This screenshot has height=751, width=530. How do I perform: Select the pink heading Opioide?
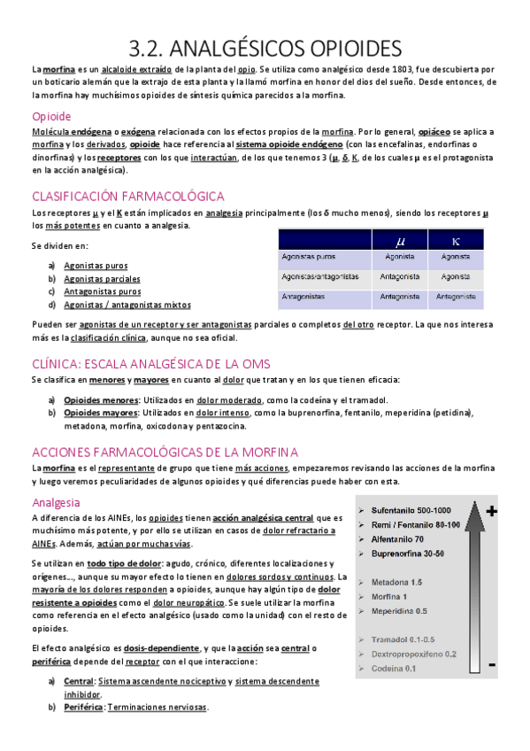[51, 116]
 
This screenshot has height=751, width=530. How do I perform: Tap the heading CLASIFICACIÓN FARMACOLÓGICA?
[127, 196]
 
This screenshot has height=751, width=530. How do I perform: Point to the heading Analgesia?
[56, 502]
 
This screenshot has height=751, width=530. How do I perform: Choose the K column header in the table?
[455, 238]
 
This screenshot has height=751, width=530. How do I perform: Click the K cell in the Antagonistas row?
[455, 297]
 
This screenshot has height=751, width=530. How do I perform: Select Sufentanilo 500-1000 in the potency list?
[411, 511]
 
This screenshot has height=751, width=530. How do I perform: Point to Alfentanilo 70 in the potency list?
[397, 538]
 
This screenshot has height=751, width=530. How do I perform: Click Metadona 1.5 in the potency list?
[397, 582]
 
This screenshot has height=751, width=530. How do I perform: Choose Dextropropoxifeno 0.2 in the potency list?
[414, 654]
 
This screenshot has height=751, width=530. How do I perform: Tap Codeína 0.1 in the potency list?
[395, 668]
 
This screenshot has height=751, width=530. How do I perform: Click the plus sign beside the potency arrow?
[492, 511]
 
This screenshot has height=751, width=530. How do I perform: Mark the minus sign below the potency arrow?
[491, 664]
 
